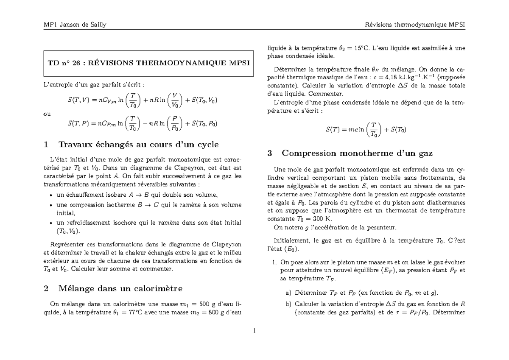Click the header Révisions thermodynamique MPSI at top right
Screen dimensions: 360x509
click(415, 24)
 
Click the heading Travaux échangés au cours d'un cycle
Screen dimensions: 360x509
click(131, 145)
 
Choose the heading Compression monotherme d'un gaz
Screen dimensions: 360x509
click(350, 153)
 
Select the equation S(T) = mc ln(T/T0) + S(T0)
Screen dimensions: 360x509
click(366, 130)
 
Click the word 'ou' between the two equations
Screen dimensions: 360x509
click(47, 114)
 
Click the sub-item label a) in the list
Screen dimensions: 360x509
click(288, 293)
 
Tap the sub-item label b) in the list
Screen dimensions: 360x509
click(288, 304)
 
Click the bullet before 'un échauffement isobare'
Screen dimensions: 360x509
click(51, 195)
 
